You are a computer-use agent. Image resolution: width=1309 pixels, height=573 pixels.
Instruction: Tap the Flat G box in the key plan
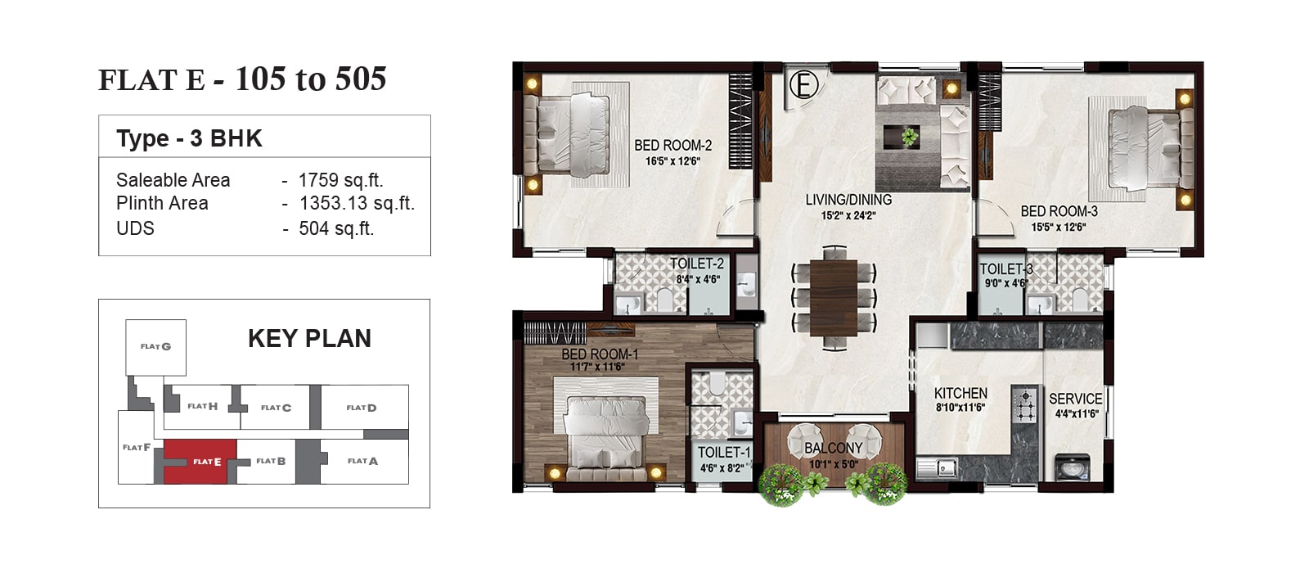click(156, 347)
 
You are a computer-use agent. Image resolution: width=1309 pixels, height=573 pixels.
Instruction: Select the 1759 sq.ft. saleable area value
click(340, 180)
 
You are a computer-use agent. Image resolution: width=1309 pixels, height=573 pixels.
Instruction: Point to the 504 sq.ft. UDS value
click(336, 228)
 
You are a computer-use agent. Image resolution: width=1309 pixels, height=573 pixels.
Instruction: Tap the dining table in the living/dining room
click(834, 298)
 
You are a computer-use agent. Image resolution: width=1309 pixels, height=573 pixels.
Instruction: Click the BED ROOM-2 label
click(673, 145)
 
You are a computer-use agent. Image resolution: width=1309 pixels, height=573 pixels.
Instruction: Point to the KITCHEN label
click(960, 394)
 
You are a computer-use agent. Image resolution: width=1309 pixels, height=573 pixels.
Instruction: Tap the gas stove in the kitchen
click(1025, 404)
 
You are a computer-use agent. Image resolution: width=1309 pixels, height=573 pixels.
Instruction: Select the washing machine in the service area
click(1073, 467)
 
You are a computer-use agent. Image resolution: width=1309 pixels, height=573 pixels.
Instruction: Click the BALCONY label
click(834, 448)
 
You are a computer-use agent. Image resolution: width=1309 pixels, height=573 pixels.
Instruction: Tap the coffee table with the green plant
click(902, 137)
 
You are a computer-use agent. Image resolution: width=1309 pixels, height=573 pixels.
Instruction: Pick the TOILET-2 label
click(696, 264)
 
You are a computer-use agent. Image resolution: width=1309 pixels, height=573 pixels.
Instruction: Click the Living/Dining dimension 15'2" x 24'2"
click(848, 216)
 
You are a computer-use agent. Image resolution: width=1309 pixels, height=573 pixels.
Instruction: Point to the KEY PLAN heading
click(310, 339)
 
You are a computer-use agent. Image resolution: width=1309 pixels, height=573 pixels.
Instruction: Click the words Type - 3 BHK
click(189, 138)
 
